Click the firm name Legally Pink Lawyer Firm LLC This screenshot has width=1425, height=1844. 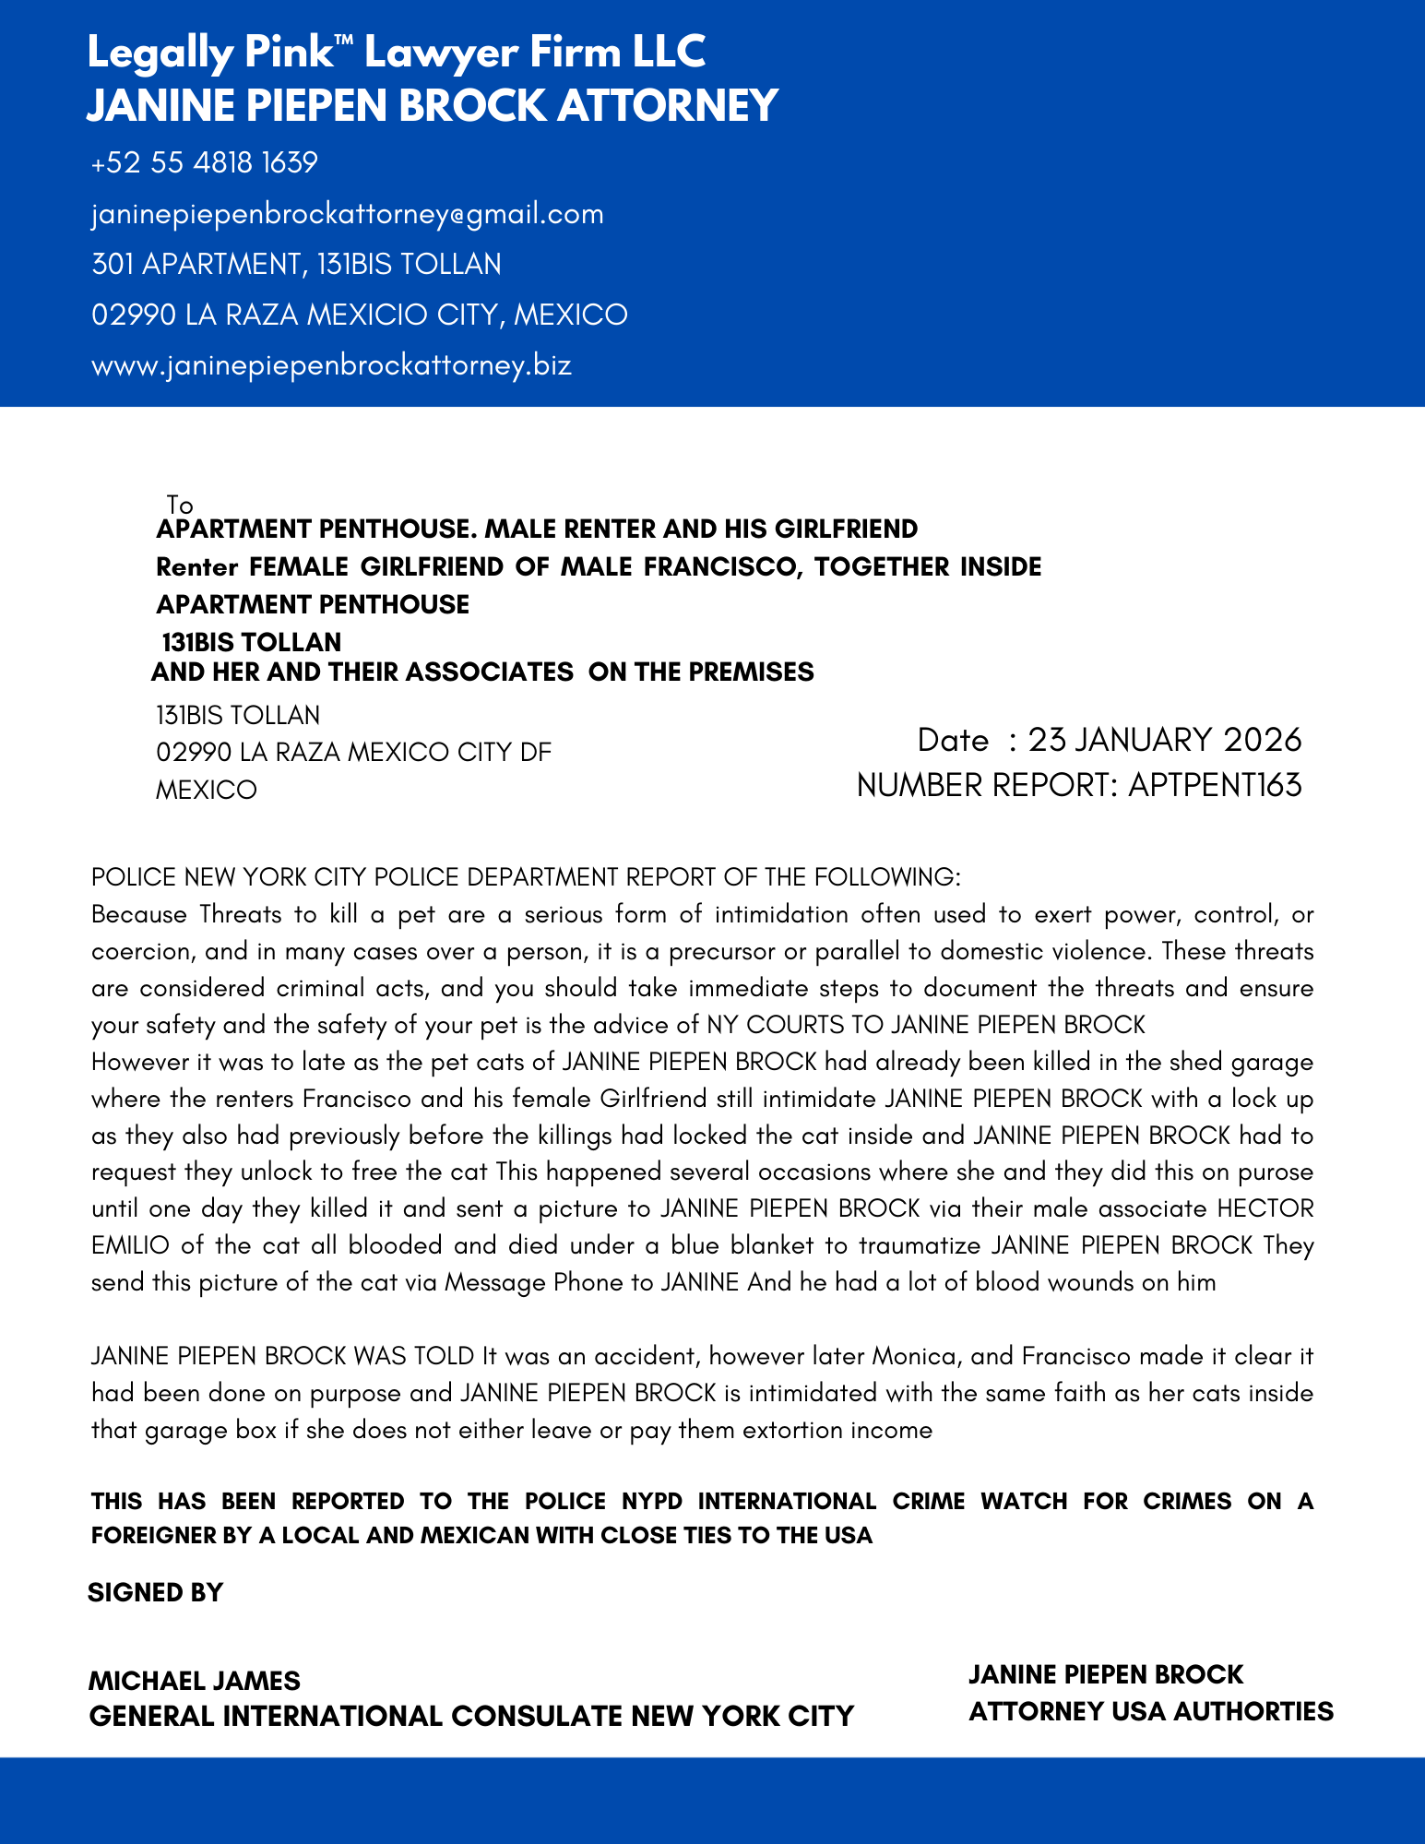click(x=396, y=53)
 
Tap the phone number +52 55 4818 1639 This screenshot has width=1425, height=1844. click(x=205, y=163)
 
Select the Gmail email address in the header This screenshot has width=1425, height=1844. click(x=348, y=214)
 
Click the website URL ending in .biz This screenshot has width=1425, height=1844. click(x=332, y=365)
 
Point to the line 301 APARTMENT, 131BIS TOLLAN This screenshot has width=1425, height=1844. click(x=296, y=265)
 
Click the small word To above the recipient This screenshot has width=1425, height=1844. click(x=180, y=505)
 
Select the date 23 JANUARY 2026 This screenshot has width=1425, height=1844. click(x=1165, y=740)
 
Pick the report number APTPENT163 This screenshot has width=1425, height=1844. click(x=1215, y=785)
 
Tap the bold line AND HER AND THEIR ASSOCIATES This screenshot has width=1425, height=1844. click(x=482, y=672)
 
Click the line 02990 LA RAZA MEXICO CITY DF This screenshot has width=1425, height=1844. click(x=353, y=753)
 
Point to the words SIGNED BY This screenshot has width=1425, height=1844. click(x=155, y=1592)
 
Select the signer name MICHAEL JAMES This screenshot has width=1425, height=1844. click(x=194, y=1681)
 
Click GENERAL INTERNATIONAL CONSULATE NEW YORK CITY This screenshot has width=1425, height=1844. click(x=470, y=1716)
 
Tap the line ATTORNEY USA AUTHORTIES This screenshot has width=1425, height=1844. click(x=1150, y=1711)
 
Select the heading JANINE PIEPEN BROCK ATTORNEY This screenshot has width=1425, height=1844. click(x=432, y=105)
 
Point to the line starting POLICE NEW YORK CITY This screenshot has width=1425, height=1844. click(x=526, y=876)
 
